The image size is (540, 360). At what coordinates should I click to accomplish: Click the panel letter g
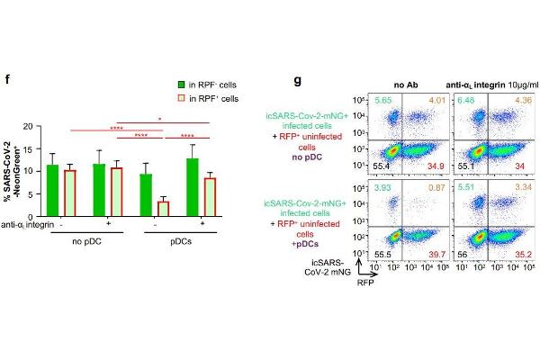coord(298,81)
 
